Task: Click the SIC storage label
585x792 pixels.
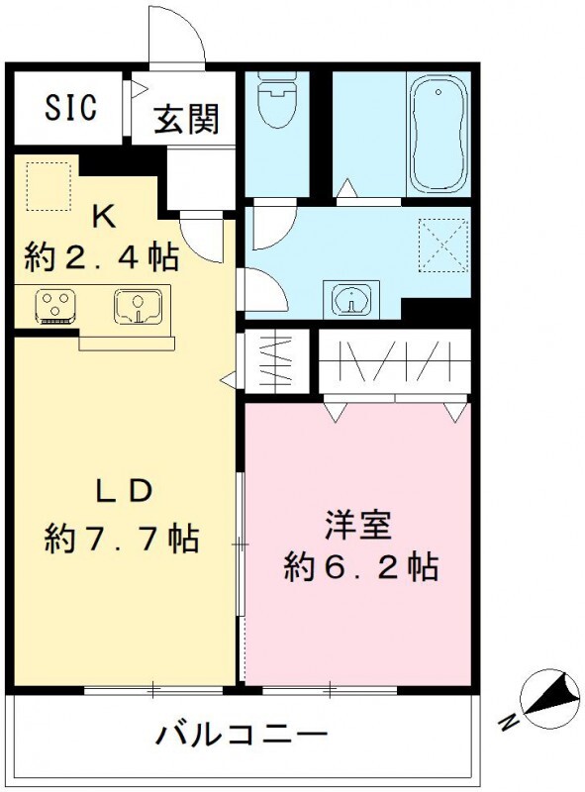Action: (69, 107)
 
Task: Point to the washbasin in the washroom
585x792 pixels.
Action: (350, 298)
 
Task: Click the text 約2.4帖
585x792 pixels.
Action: (102, 256)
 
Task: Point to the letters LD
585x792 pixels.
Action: (122, 491)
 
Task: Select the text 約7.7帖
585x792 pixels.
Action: (122, 540)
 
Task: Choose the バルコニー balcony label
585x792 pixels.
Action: (242, 736)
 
